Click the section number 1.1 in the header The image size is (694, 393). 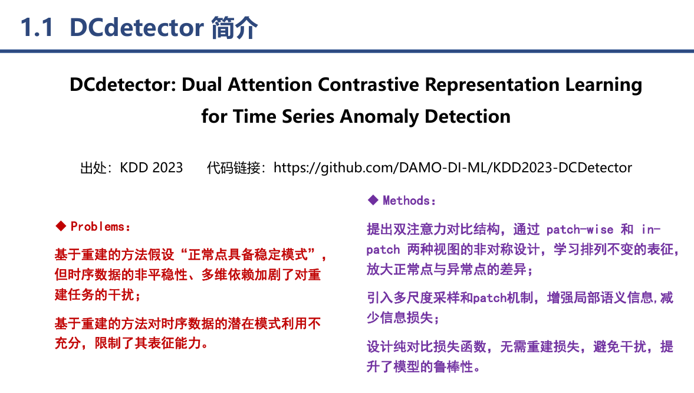38,28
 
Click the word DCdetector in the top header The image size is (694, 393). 137,28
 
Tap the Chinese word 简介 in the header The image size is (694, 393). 234,28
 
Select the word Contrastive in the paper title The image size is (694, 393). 369,85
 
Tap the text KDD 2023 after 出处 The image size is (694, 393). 152,168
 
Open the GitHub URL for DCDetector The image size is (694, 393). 453,168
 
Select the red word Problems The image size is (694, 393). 97,227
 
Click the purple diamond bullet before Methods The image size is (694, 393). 372,201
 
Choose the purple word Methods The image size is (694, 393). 406,201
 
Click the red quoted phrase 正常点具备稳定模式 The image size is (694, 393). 249,256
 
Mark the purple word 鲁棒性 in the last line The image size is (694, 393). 453,366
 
